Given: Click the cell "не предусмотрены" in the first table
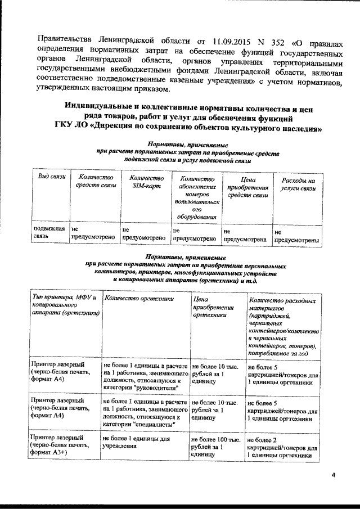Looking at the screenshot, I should (296, 236).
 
